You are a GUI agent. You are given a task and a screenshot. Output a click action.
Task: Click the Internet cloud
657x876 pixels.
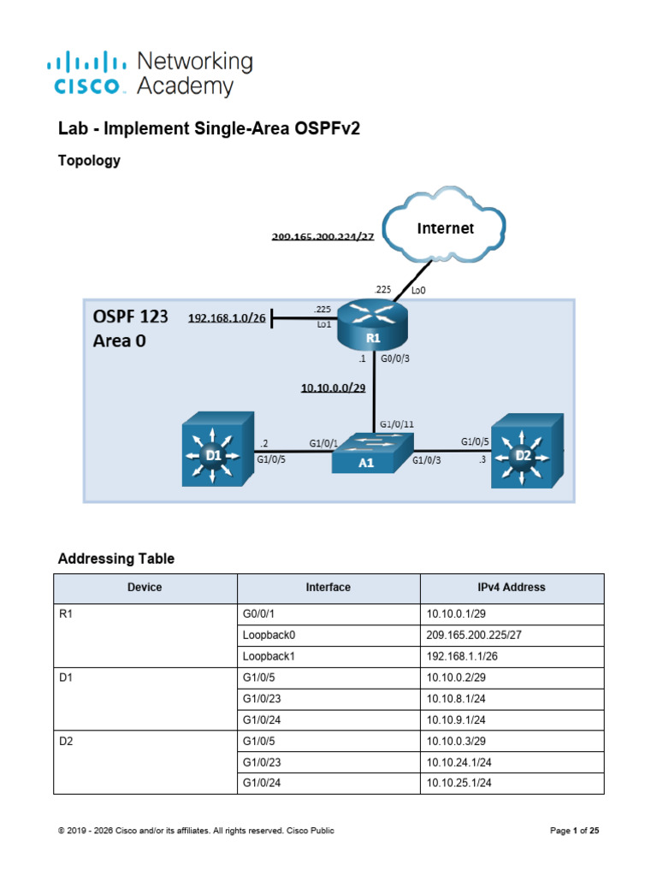coord(445,225)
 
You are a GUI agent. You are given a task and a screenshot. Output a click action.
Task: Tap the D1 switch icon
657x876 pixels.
coord(218,449)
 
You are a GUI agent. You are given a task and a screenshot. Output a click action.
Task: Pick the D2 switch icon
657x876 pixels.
coord(527,451)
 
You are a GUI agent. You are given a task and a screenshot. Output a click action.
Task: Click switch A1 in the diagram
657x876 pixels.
coord(373,453)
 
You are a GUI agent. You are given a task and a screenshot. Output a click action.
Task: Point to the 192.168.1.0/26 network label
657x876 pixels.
coord(227,318)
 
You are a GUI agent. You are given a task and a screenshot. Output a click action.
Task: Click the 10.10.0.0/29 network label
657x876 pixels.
coord(333,388)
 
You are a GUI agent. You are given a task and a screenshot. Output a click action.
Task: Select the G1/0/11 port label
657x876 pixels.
coord(397,424)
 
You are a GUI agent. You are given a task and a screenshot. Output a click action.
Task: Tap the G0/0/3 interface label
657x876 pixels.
coord(395,358)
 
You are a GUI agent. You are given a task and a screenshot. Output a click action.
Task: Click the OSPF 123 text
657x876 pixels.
coord(130,317)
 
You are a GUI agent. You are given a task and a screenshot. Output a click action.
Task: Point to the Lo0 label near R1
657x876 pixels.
coord(418,291)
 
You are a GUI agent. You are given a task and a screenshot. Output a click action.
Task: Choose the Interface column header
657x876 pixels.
coord(328,587)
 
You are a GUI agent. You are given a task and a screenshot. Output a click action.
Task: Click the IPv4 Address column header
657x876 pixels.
coord(512,587)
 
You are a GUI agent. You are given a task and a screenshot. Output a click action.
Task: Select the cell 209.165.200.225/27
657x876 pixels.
coord(474,636)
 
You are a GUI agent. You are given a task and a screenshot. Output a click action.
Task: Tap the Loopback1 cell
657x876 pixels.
coord(269,656)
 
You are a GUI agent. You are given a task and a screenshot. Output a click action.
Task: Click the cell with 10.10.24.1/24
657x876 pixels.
coord(459,762)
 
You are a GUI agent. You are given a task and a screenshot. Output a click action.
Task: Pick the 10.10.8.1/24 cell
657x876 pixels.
coord(456,699)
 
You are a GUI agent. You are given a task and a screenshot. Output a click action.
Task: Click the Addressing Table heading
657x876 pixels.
coord(116,559)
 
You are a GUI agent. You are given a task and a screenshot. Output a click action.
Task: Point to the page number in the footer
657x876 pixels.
coord(574,831)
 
